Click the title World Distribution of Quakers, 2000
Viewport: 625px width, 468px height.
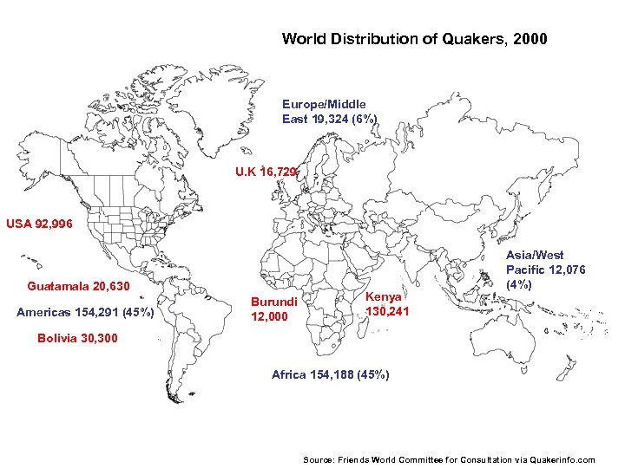(414, 39)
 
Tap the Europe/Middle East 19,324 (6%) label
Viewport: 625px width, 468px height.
(329, 112)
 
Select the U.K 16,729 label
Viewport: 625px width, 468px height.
(266, 172)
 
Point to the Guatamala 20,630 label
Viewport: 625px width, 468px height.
(78, 287)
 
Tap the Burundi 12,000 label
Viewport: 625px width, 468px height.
(274, 309)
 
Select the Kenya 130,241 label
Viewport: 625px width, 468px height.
(386, 304)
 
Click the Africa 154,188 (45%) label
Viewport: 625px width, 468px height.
(330, 375)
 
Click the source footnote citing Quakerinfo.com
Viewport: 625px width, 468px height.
(449, 459)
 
